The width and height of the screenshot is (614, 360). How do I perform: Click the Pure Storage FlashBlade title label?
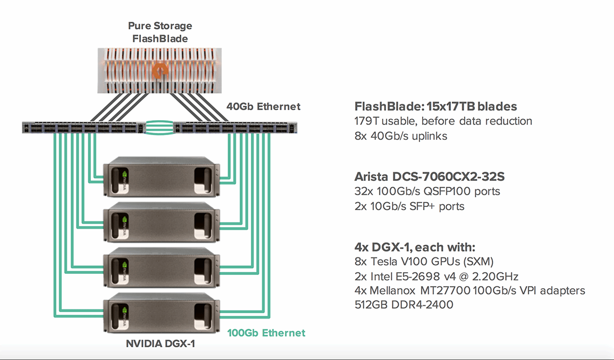coord(160,32)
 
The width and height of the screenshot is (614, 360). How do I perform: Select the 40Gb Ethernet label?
coord(264,106)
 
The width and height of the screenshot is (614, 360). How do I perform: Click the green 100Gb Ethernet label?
coord(266,333)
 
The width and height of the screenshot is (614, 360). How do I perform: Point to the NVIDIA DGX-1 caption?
coord(160,344)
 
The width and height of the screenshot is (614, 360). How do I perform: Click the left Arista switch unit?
coord(83,128)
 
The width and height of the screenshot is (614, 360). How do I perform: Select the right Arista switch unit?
coord(236,128)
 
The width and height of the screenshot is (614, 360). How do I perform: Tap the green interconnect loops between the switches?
coord(159,128)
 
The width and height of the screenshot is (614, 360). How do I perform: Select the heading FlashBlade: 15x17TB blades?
coord(435,106)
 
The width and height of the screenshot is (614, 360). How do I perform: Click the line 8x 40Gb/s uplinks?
coord(401,136)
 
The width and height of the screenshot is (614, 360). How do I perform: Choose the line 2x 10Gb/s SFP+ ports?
coord(409,206)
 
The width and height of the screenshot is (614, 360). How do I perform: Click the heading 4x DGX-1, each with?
coord(415,247)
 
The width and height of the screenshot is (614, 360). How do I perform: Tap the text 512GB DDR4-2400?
coord(404,305)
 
